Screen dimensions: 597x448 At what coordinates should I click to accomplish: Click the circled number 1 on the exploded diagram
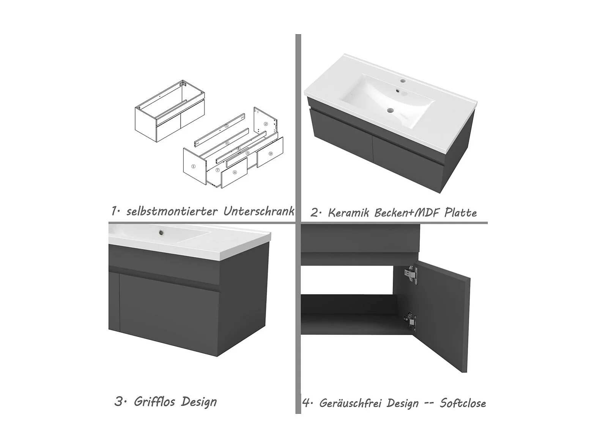193,166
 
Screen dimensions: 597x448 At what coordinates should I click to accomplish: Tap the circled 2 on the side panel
266,124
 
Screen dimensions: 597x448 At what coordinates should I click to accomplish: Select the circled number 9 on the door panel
270,154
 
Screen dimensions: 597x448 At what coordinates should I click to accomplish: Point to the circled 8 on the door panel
235,172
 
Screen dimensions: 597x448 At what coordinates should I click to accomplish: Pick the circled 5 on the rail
226,126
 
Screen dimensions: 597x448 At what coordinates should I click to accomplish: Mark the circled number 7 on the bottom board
217,170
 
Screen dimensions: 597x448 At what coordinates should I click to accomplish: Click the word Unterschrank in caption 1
259,211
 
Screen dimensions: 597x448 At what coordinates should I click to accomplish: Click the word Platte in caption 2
460,212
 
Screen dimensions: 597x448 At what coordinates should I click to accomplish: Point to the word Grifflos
154,402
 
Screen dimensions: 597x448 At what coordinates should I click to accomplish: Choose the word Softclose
463,403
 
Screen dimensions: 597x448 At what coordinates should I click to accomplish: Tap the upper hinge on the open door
411,275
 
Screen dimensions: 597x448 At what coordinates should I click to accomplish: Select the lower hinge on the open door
410,322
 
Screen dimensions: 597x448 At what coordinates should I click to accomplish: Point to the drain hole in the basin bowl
391,111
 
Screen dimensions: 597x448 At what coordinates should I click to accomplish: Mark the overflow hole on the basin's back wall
398,92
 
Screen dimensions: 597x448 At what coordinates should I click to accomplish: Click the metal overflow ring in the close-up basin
162,232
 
